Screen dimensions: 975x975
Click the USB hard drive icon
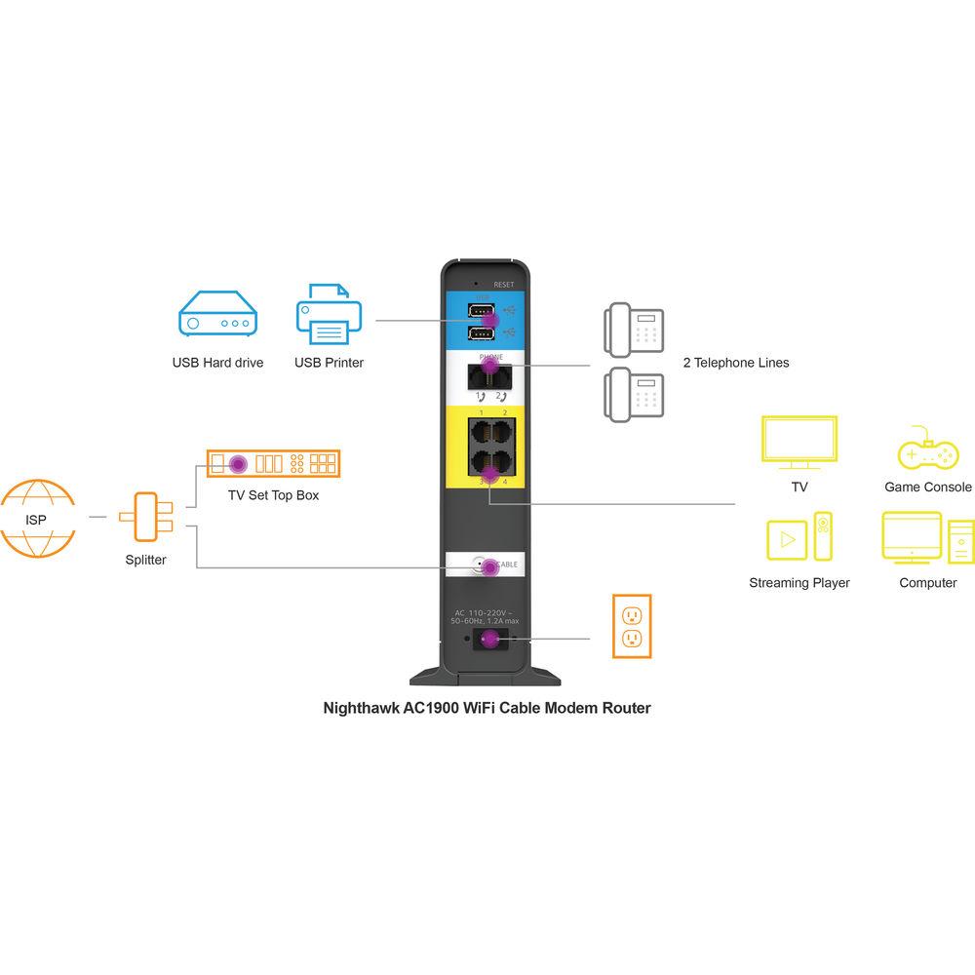pos(217,317)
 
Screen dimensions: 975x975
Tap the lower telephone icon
pos(635,395)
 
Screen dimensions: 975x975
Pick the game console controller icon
pos(927,450)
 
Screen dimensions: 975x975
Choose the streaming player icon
pos(799,537)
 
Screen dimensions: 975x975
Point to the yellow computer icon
pos(927,537)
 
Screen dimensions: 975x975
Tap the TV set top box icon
pos(273,462)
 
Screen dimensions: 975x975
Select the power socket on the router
pos(488,640)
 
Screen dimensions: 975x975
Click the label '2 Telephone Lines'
pos(736,363)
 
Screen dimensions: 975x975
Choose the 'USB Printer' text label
pos(329,363)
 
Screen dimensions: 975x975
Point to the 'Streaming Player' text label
pos(799,583)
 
